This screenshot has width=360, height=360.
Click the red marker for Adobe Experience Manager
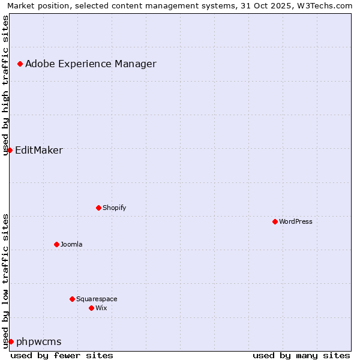coord(20,64)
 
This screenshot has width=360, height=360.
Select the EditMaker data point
coord(10,150)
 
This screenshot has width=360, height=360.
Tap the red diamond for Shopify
coord(98,208)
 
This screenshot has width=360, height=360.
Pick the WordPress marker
coord(275,221)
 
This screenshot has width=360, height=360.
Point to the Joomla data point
coord(56,244)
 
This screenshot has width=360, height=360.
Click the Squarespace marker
coord(72,299)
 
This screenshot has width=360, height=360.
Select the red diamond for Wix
coord(91,308)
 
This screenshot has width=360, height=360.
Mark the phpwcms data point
coord(11,341)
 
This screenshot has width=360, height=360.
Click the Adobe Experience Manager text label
coord(91,64)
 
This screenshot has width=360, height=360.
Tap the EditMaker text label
coord(38,150)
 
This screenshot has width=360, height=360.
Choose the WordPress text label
coord(296,221)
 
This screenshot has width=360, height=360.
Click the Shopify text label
coord(114,208)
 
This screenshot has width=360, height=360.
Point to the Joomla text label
coord(71,244)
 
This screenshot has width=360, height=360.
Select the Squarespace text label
coord(97,299)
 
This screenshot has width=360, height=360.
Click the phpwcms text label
coord(38,341)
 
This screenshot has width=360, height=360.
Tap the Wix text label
coord(101,308)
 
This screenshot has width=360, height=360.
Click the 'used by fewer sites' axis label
coord(62,355)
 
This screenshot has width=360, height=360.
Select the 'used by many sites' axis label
coord(301,355)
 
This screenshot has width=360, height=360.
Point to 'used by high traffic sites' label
coord(5,85)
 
